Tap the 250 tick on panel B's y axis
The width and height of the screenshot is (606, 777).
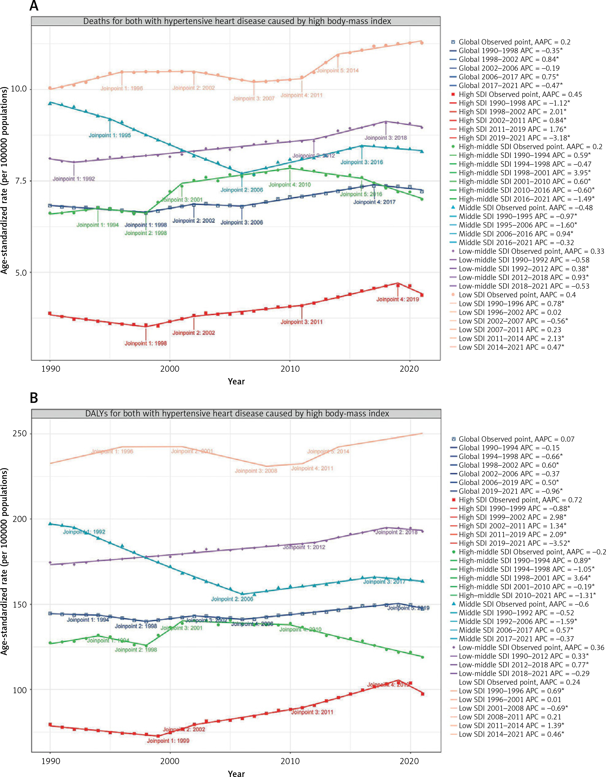pyautogui.click(x=20, y=433)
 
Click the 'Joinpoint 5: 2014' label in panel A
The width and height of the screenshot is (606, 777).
pyautogui.click(x=338, y=71)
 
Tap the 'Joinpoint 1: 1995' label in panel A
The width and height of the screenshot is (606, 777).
pyautogui.click(x=110, y=135)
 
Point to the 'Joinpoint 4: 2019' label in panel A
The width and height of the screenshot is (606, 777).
pyautogui.click(x=398, y=299)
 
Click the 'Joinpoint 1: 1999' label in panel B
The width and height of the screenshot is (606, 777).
pyautogui.click(x=168, y=741)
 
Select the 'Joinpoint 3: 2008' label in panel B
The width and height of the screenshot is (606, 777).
pyautogui.click(x=256, y=471)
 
